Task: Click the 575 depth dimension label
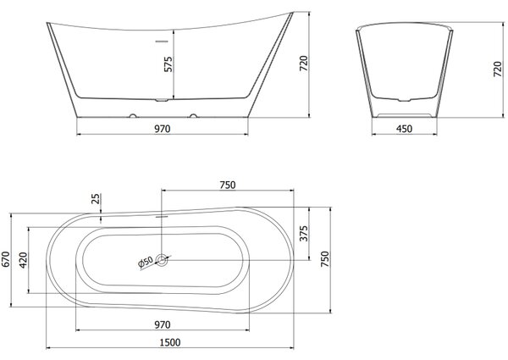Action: pos(168,64)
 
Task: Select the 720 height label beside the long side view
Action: pos(304,64)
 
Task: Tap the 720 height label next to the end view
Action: pos(498,69)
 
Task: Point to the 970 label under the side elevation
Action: pos(162,129)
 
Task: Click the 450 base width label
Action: pos(405,129)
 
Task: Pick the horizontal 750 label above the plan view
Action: pos(228,185)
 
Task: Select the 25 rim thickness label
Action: pos(96,199)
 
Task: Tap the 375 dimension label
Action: pos(304,234)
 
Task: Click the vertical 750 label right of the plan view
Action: pos(324,259)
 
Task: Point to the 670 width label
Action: pos(6,259)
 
